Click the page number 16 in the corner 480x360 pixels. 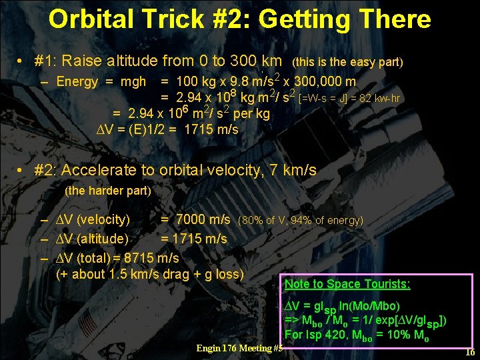coord(469,353)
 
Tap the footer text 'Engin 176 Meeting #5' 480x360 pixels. coord(239,348)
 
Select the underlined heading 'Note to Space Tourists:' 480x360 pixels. coord(347,284)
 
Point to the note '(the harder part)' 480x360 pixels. coord(108,191)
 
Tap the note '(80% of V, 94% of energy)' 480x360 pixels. coord(301,221)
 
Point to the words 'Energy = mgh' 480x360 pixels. coord(101,82)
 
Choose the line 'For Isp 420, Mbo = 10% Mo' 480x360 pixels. coord(357,335)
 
